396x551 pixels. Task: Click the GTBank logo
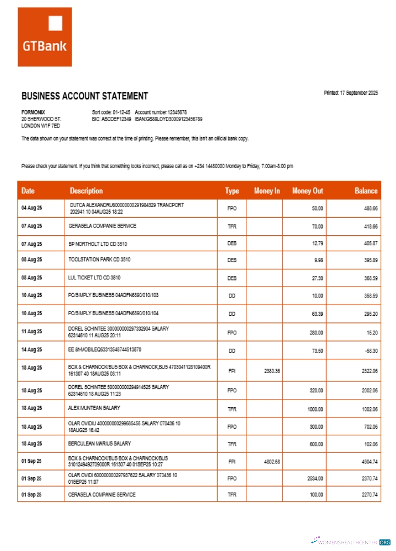(x=45, y=37)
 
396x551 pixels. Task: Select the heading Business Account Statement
(x=84, y=96)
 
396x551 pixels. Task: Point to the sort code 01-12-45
(x=120, y=112)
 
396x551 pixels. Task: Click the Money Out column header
(x=307, y=191)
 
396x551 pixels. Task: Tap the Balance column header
(x=366, y=191)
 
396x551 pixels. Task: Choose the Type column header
(x=232, y=191)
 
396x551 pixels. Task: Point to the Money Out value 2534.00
(x=314, y=478)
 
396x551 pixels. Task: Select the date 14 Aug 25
(x=31, y=350)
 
